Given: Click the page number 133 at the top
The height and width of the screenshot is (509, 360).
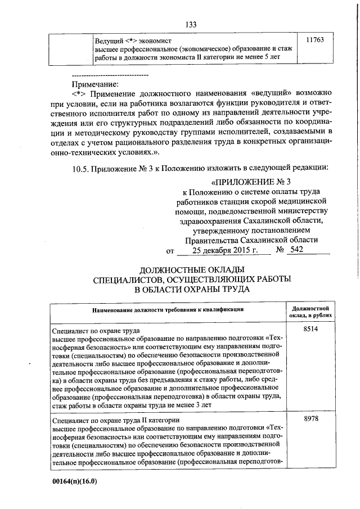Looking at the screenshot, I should point(191,24).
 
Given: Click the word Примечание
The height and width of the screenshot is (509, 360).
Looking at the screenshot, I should point(93,84).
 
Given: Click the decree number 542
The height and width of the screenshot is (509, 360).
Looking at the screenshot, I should point(297,250).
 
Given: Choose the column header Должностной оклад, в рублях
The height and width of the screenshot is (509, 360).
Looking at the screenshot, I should point(311,312).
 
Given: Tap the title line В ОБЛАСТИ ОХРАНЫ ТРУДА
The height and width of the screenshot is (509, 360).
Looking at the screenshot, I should point(191,290).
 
